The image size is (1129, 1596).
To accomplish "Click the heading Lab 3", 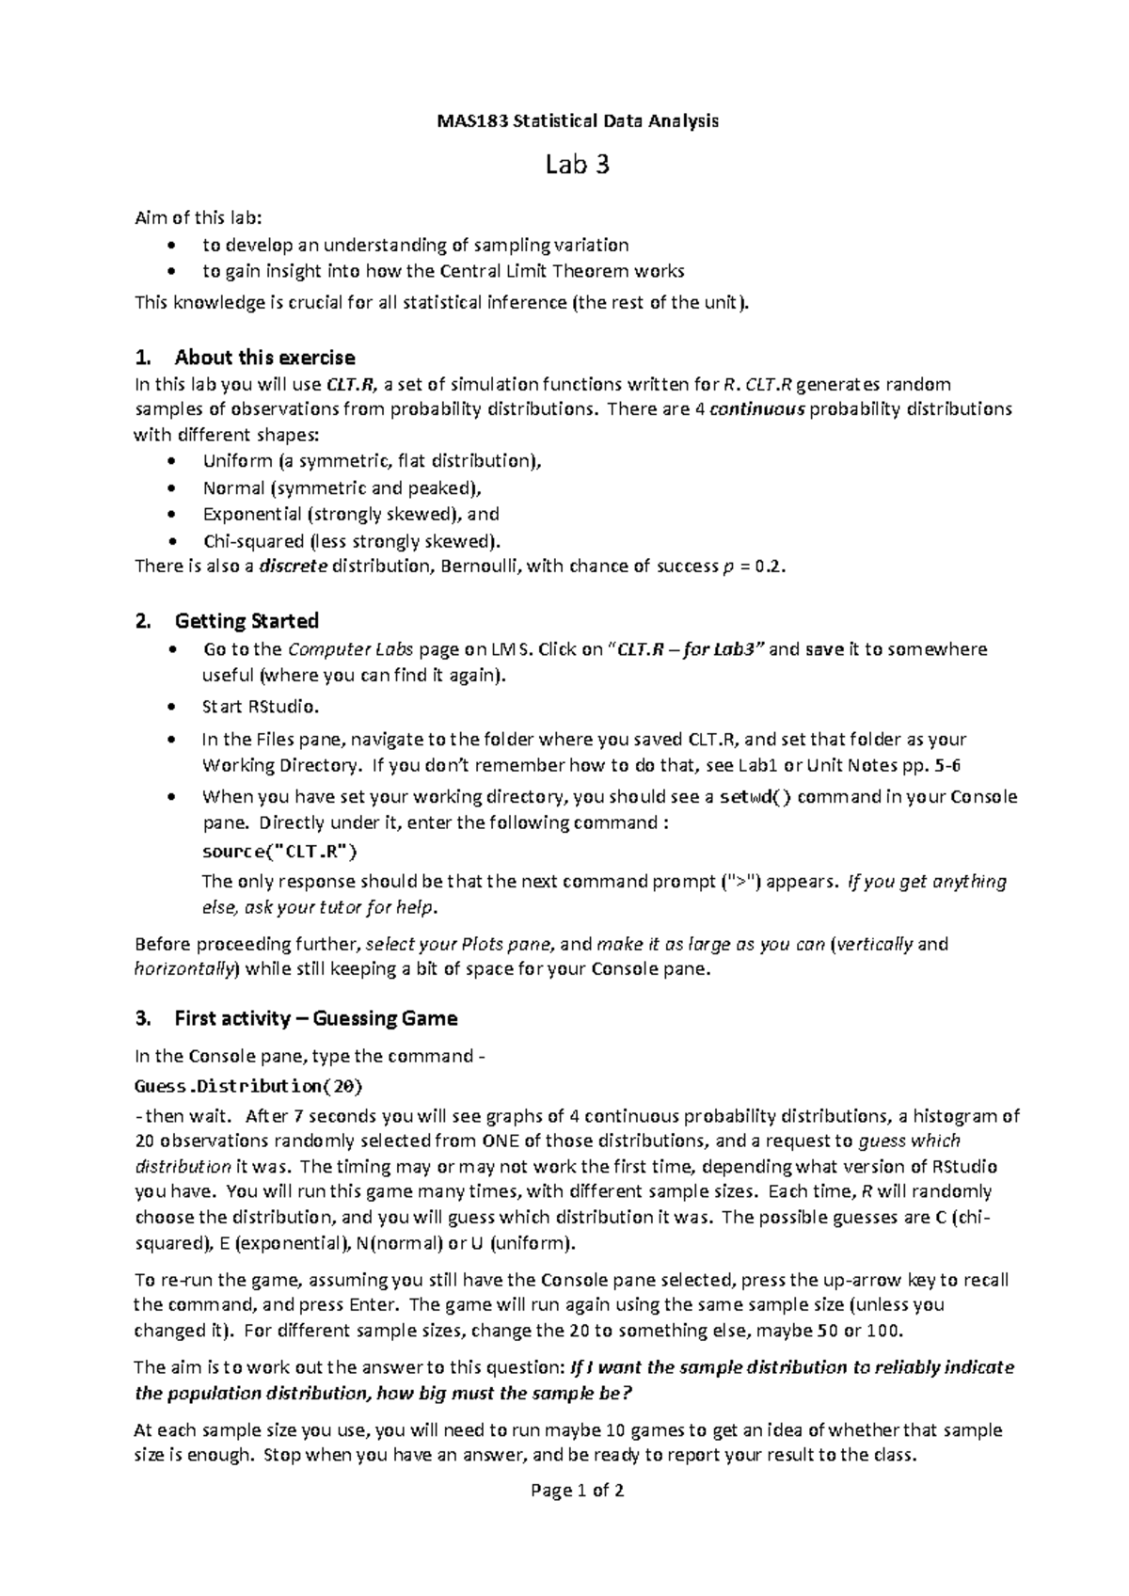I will [x=578, y=166].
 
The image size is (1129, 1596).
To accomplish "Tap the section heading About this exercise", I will [x=264, y=358].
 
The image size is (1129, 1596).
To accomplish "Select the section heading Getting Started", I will [x=246, y=621].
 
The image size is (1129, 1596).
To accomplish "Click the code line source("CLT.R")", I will [x=279, y=853].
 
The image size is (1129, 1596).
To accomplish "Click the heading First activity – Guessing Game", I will [x=315, y=1018].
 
